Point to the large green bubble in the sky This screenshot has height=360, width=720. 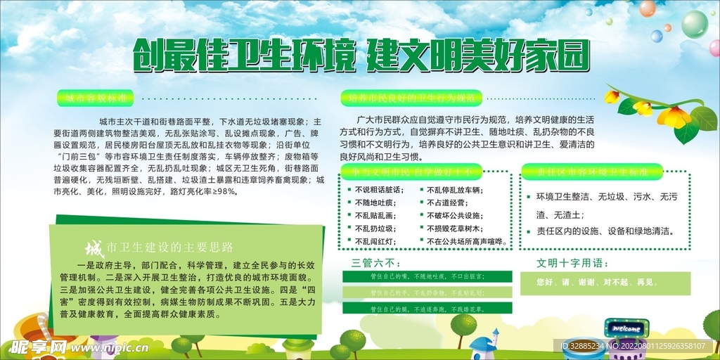pyautogui.click(x=694, y=24)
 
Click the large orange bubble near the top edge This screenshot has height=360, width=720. pyautogui.click(x=647, y=8)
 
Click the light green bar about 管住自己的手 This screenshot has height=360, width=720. pyautogui.click(x=427, y=292)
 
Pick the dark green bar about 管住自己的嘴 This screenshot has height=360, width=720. pyautogui.click(x=427, y=276)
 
